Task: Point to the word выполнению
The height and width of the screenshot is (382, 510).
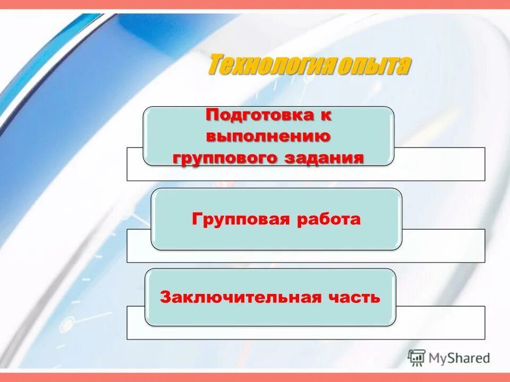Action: point(268,136)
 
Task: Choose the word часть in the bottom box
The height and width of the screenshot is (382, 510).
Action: point(355,297)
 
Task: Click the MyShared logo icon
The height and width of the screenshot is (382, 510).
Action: point(416,358)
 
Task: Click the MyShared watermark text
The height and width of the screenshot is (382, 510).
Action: point(460,358)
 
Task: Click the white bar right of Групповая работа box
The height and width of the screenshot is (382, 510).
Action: point(444,245)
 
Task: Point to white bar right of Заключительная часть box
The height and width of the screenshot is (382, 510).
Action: point(441,322)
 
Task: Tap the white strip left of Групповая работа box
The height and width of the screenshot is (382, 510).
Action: point(139,245)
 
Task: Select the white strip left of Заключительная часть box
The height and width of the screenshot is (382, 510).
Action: point(136,322)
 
